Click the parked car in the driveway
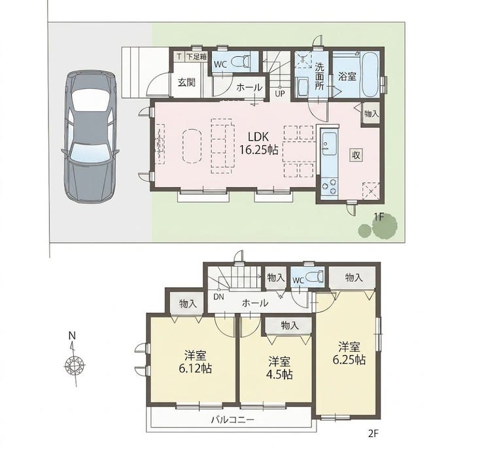click(x=90, y=136)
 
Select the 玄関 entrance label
click(x=186, y=82)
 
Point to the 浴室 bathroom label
click(x=347, y=75)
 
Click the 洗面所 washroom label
click(x=320, y=76)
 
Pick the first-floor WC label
click(x=220, y=65)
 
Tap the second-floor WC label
click(x=298, y=280)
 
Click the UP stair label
click(x=280, y=93)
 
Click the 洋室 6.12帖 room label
click(x=195, y=362)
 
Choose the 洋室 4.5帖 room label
click(x=279, y=368)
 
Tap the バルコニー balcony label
click(x=233, y=419)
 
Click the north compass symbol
click(x=74, y=363)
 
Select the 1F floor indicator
click(x=377, y=217)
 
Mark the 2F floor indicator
click(x=372, y=432)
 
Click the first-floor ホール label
click(x=249, y=87)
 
